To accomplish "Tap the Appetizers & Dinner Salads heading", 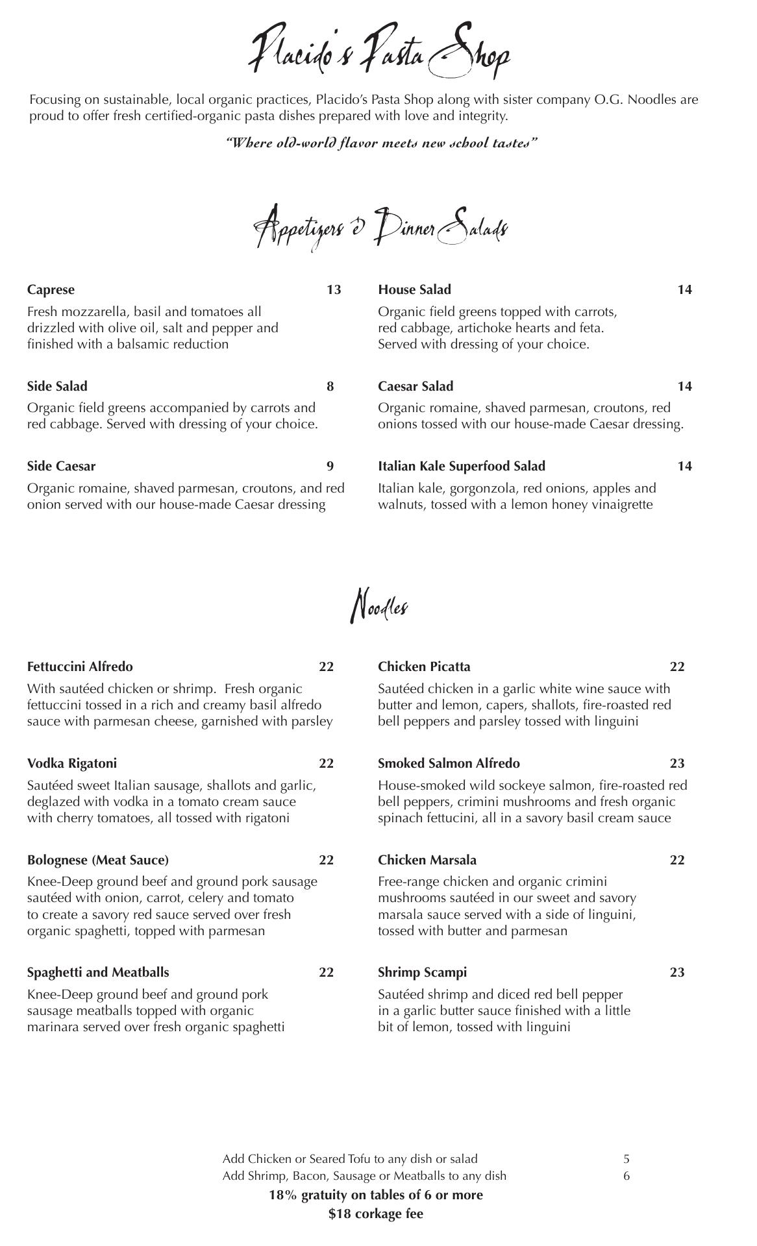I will pos(380,228).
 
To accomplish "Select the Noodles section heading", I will pos(380,607).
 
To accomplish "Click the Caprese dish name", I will pos(51,289).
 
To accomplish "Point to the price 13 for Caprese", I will pos(334,289).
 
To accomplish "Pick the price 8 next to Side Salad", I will pos(330,386).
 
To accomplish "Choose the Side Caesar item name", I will pos(61,466).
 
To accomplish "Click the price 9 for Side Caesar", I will pos(330,466).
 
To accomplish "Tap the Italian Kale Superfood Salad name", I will pos(462,466).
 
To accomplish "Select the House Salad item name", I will pos(414,289).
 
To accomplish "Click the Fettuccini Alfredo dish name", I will pos(80,666).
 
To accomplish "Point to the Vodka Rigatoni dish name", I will pos(72,763).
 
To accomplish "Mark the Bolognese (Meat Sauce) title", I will pos(98,860).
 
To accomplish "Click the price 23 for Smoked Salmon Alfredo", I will pos(677,763).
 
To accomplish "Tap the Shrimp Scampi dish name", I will pos(422,972).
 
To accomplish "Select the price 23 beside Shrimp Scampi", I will pos(677,972).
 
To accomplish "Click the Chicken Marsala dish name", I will pos(427,860).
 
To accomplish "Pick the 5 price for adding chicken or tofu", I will pos(627,1158).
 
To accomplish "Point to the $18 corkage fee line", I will pos(376,1214).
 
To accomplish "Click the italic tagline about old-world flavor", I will pos(381,142).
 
